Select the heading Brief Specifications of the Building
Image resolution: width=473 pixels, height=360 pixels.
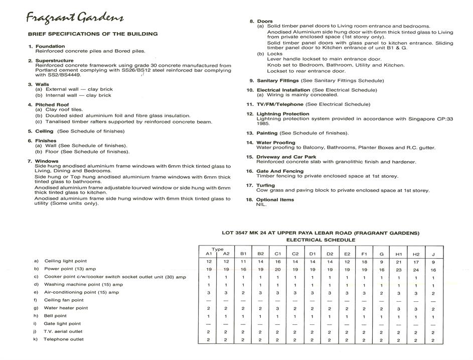point(93,34)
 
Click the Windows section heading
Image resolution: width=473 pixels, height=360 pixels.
point(46,161)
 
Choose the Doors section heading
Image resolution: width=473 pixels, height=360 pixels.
point(264,21)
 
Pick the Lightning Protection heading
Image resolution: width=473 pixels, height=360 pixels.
point(283,114)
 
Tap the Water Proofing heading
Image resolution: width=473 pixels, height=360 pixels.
point(275,143)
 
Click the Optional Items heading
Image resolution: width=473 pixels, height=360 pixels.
point(275,200)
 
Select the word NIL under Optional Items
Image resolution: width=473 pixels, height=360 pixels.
point(261,204)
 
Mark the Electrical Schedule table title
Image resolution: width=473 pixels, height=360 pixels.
point(321,240)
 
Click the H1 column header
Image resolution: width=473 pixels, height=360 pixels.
point(399,254)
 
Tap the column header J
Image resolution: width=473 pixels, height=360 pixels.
point(433,254)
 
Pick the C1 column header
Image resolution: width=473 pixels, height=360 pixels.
point(277,254)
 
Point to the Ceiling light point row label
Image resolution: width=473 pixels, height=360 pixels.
point(65,261)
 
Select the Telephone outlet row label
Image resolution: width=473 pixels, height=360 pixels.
point(64,339)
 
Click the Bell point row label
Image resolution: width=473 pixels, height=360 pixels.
point(55,316)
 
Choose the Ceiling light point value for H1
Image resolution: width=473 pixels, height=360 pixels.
point(399,262)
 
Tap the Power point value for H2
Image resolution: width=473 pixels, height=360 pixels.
point(416,270)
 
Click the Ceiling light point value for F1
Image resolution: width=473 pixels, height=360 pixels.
point(364,262)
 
